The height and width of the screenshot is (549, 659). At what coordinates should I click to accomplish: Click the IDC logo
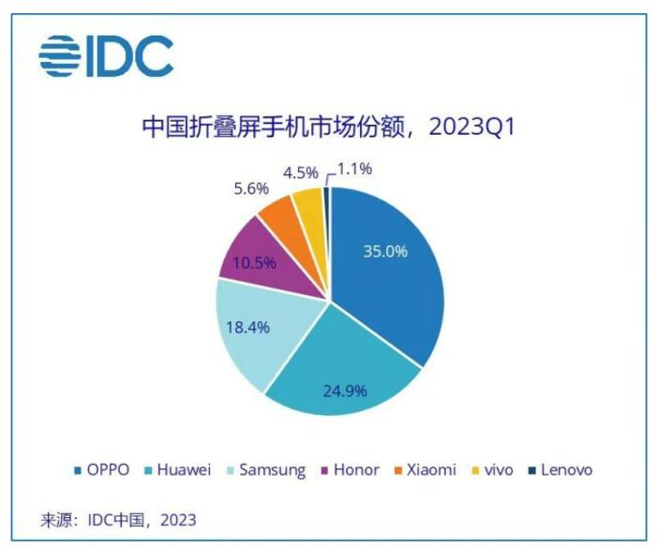[x=105, y=56]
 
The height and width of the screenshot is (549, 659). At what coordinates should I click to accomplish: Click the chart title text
[x=329, y=127]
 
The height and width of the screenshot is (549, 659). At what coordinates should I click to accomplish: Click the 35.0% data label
[x=385, y=252]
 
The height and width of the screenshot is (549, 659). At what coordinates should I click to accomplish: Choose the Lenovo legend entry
[x=560, y=470]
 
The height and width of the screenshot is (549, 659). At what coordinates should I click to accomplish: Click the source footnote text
[x=118, y=519]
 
